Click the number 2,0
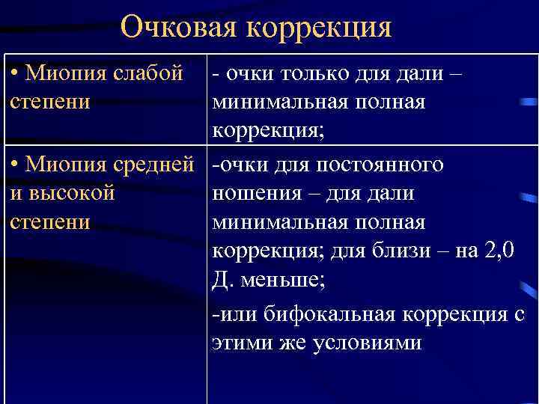pyautogui.click(x=496, y=250)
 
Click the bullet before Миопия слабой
pyautogui.click(x=15, y=75)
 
